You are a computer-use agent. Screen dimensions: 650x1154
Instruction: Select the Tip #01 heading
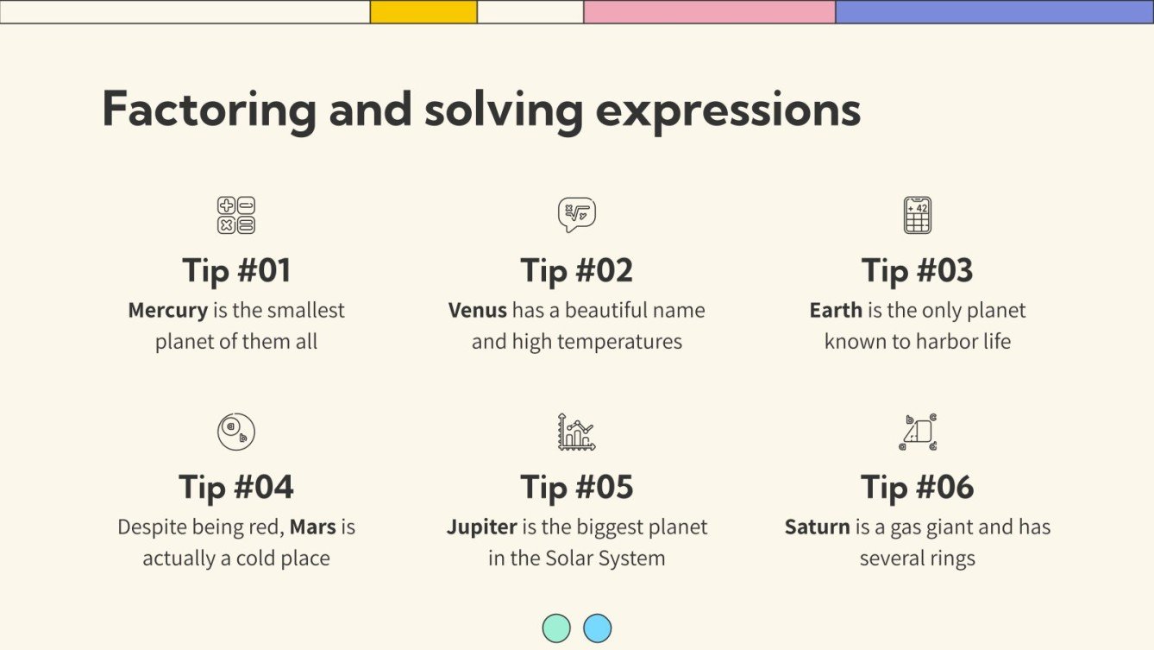click(x=236, y=271)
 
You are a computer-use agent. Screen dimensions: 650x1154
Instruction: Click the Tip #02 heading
click(x=576, y=271)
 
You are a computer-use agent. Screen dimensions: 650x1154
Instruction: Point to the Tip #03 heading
click(x=917, y=271)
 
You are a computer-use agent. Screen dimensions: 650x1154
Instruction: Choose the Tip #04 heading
click(x=236, y=487)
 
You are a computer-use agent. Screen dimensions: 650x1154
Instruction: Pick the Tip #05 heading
click(x=576, y=487)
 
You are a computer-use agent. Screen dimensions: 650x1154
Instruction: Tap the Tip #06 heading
click(x=917, y=487)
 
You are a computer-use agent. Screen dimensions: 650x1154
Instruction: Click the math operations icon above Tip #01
click(x=236, y=215)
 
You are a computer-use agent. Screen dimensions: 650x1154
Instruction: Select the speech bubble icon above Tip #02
click(x=576, y=215)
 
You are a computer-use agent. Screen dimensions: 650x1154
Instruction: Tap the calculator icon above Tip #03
click(x=917, y=215)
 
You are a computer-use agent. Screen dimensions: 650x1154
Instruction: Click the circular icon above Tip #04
click(x=236, y=432)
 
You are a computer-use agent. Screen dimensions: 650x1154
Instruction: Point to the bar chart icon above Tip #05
click(x=576, y=432)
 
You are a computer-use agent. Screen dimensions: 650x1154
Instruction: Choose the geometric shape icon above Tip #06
click(x=917, y=432)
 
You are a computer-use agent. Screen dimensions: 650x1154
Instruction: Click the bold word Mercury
click(x=168, y=311)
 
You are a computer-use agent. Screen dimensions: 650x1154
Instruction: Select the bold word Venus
click(x=477, y=311)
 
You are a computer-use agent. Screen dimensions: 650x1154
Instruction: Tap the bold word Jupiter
click(x=482, y=527)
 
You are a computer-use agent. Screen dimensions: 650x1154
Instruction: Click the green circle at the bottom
click(x=556, y=628)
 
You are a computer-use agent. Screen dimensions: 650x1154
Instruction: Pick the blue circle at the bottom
click(x=597, y=628)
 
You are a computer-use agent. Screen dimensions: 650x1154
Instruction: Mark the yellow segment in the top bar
click(x=423, y=11)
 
